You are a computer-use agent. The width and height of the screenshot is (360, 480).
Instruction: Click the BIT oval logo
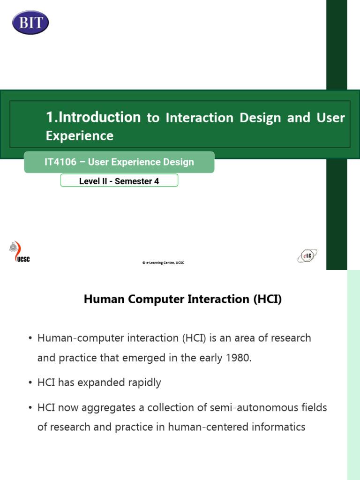[30, 22]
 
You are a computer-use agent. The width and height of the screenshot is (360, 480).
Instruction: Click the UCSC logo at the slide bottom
[19, 253]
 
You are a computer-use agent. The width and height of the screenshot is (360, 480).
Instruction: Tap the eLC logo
[307, 256]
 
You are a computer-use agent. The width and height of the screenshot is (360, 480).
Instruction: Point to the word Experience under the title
[80, 136]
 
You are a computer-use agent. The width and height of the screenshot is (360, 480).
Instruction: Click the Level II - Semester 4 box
[119, 181]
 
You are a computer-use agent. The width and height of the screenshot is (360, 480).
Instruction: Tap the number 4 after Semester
[157, 181]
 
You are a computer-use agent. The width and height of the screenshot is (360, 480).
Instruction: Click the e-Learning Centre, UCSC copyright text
[163, 263]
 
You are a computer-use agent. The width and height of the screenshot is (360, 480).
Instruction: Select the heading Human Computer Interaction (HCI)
[183, 299]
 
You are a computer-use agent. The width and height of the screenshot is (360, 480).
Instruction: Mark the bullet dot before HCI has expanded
[30, 383]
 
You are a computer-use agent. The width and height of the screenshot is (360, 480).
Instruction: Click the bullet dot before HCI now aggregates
[30, 408]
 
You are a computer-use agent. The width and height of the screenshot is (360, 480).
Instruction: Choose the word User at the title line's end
[330, 117]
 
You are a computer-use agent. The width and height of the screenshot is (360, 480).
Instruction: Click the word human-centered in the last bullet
[219, 427]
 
